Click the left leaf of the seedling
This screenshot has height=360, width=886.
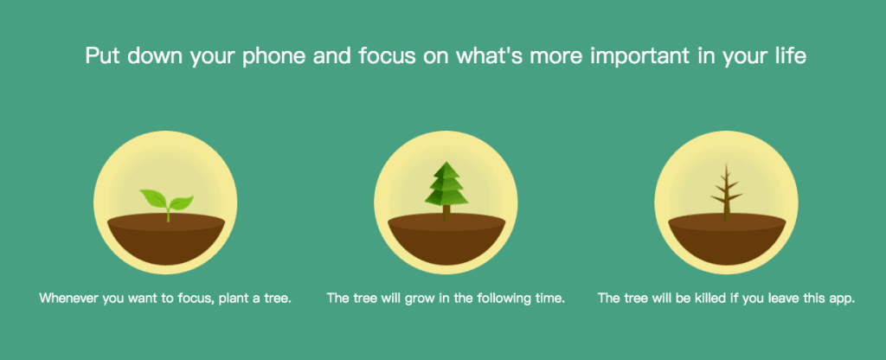(152, 198)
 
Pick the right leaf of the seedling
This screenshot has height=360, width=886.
(182, 202)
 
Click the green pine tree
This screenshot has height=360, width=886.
(446, 190)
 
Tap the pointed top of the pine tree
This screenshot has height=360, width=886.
(446, 162)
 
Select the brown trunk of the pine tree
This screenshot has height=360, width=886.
(446, 213)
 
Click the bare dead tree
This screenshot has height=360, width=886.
(727, 192)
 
